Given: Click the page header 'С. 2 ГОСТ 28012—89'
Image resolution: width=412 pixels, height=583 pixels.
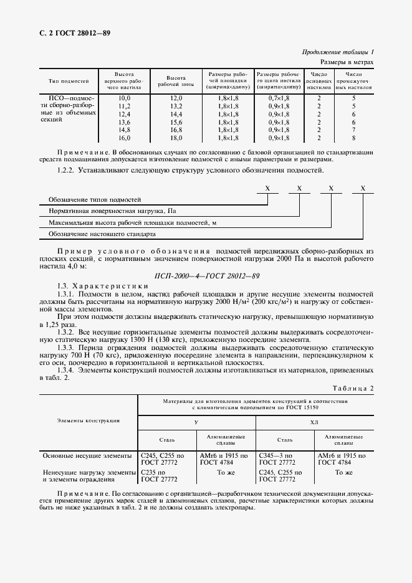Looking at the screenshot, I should tap(75, 33).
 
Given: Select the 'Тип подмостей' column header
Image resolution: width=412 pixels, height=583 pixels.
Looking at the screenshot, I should tap(69, 82).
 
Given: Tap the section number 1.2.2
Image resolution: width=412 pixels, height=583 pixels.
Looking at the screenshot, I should tap(67, 170).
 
